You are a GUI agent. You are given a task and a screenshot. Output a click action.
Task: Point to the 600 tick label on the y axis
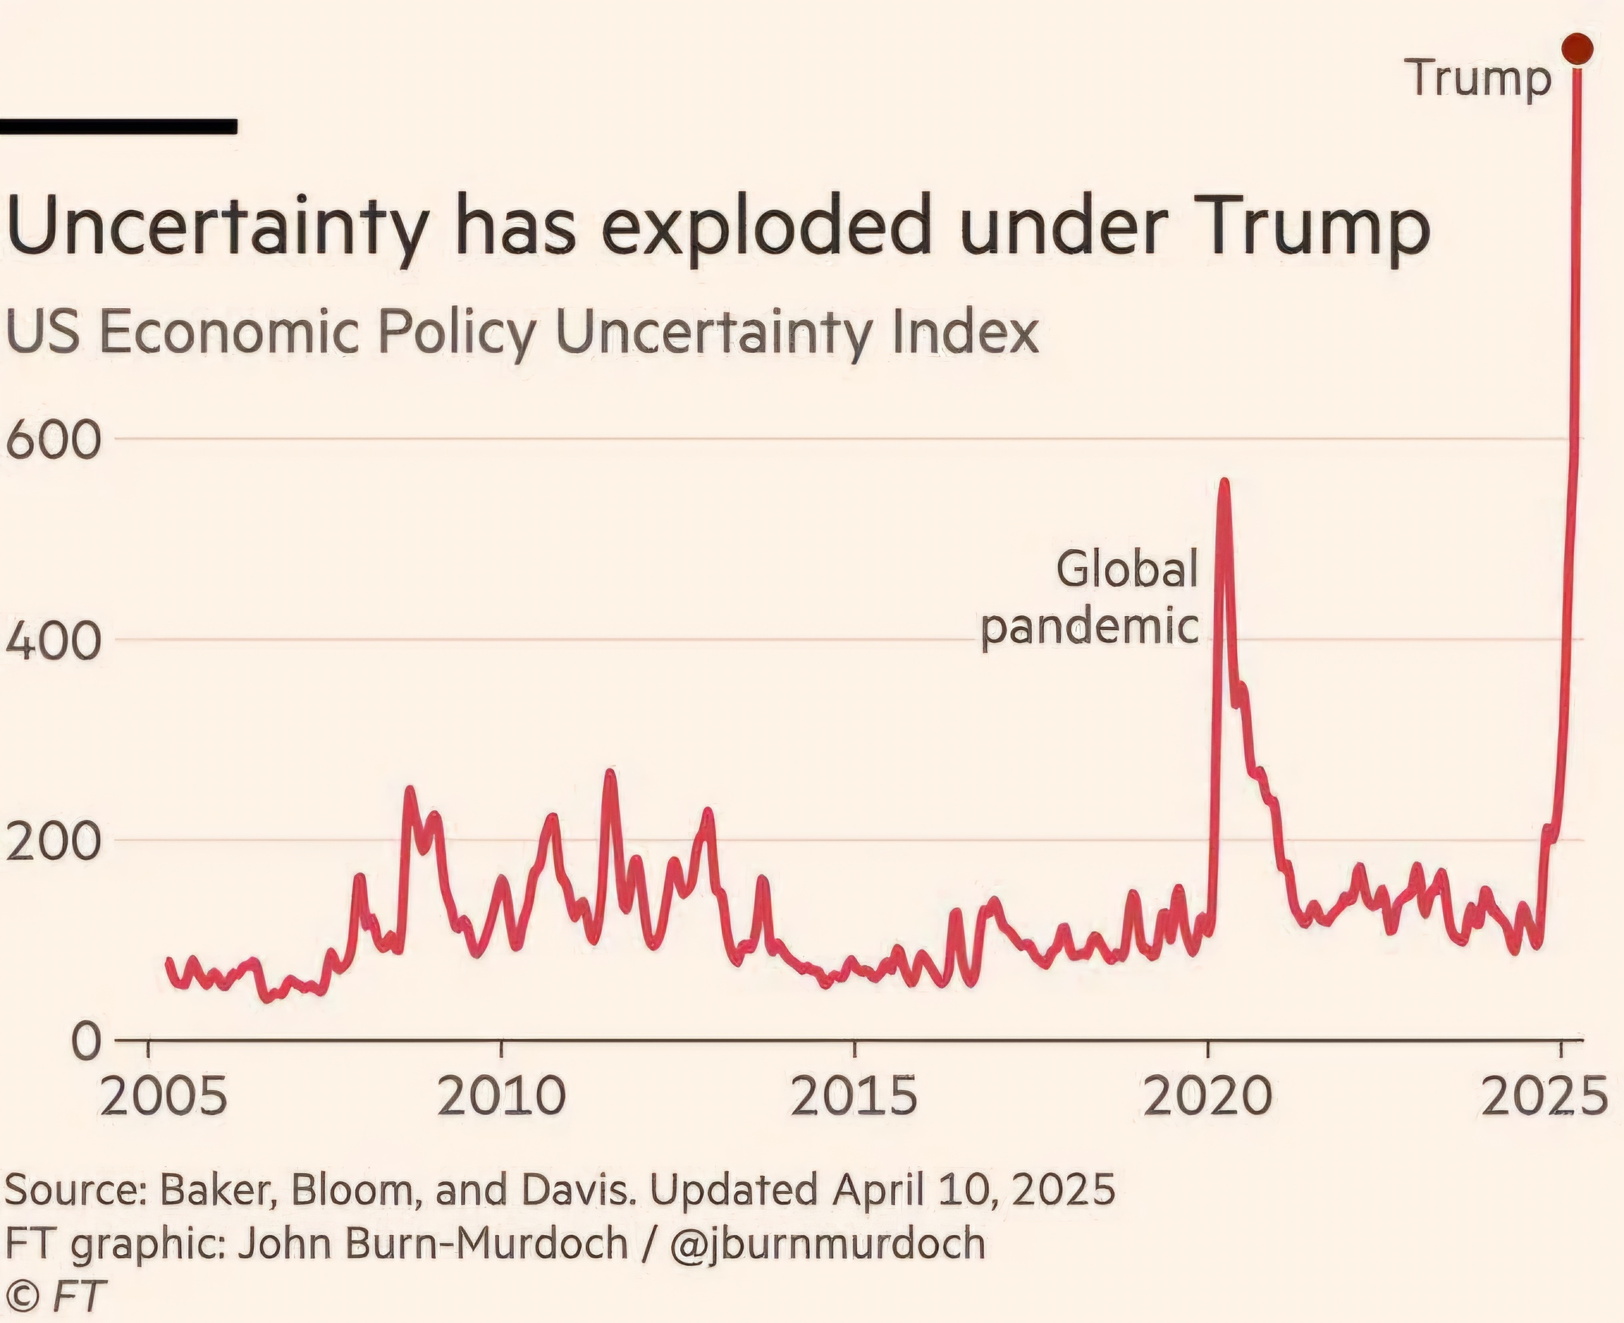coord(53,441)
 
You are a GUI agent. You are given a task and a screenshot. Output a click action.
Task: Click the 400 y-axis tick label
coord(53,641)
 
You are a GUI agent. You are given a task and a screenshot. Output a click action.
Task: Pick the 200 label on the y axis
coord(53,841)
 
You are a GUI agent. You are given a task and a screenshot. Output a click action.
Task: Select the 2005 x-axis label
coord(163,1097)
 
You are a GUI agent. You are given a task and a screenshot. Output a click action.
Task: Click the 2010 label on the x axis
coord(502,1097)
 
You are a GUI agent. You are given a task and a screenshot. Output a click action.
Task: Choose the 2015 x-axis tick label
coord(854,1097)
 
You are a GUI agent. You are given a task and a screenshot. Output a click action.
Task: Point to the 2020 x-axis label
coord(1208,1097)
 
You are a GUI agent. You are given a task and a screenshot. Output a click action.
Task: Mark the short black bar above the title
coord(118,127)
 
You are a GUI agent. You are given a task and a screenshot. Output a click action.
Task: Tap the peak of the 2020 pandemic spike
coord(1224,482)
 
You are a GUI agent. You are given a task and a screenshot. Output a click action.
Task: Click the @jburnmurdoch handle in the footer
coord(828,1243)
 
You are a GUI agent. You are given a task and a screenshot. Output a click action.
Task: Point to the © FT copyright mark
coord(56,1296)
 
